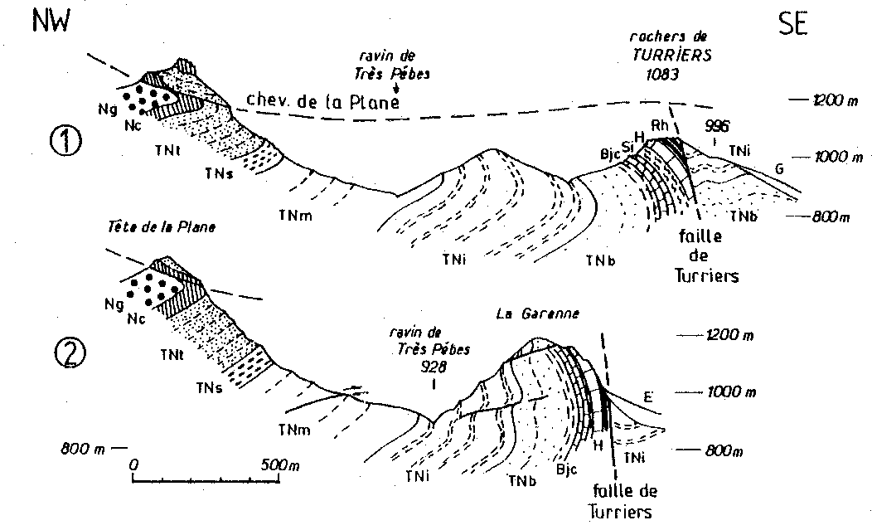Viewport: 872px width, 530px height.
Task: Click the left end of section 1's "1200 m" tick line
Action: (790, 100)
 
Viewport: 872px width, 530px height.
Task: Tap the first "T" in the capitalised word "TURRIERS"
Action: (637, 56)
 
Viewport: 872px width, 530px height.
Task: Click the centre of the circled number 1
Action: (66, 141)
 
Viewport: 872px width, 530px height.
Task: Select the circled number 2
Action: (70, 354)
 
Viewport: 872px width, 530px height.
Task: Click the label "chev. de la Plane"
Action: (323, 100)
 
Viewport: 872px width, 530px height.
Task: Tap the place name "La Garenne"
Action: (537, 314)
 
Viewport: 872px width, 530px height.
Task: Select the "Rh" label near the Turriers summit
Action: (660, 126)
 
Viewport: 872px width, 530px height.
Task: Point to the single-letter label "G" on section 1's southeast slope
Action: (780, 168)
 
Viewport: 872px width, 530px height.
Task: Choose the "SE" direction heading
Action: (793, 24)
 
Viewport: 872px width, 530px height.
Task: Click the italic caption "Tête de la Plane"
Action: (162, 227)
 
